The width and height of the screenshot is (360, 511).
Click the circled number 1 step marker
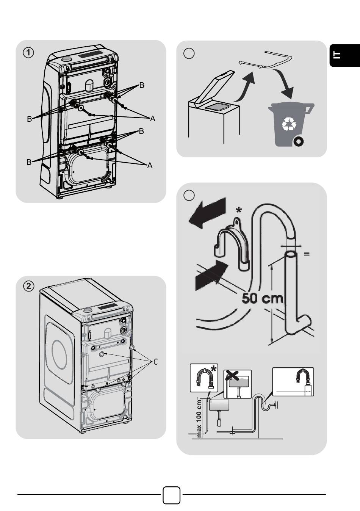pos(28,52)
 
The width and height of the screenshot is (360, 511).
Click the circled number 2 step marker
pos(28,286)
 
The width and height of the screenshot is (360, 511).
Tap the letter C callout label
pos(155,362)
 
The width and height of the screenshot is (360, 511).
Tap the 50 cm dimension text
pos(263,298)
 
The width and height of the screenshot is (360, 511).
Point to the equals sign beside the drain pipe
pos(307,254)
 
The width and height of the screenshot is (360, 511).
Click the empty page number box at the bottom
pos(172,495)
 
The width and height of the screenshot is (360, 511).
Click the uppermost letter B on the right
pos(142,85)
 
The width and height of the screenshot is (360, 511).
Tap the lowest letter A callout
pos(150,166)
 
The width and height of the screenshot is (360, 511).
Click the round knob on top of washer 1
pos(67,59)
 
